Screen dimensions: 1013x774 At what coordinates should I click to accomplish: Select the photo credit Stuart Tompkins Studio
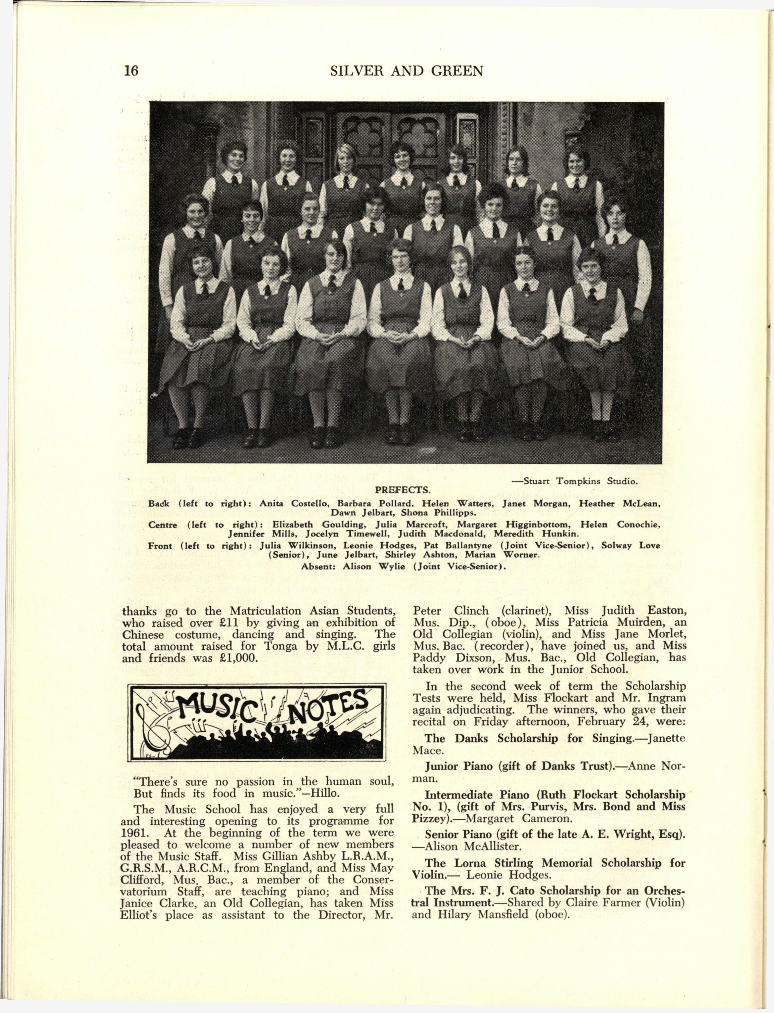point(575,482)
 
